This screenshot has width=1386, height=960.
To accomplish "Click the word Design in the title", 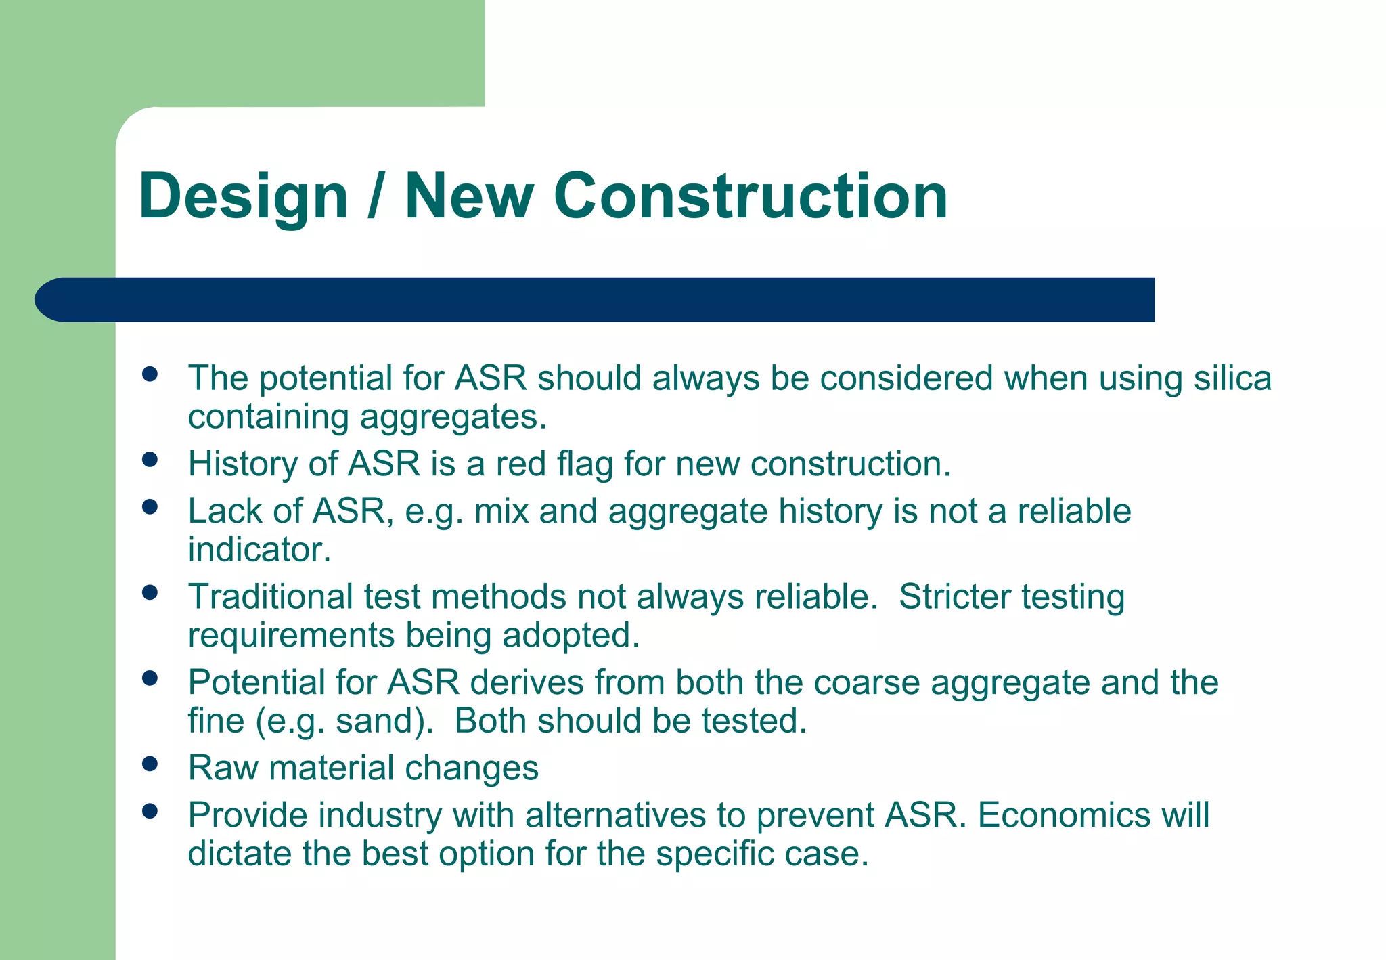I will click(x=243, y=196).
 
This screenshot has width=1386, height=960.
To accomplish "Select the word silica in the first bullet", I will click(x=1232, y=378).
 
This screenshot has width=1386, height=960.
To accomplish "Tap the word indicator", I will click(x=259, y=550).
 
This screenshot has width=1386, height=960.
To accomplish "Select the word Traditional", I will click(x=270, y=597).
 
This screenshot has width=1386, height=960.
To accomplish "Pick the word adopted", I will click(x=570, y=636).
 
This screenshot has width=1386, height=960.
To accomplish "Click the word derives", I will click(x=527, y=682).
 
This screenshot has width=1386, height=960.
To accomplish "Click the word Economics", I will click(x=1063, y=815).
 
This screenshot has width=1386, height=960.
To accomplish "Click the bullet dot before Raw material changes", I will click(x=150, y=764).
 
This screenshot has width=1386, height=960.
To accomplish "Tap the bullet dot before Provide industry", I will click(x=150, y=811).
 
